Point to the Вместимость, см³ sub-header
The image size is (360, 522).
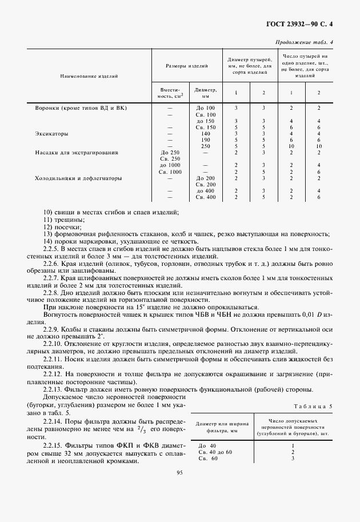pyautogui.click(x=170, y=93)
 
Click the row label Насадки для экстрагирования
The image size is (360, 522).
pyautogui.click(x=77, y=153)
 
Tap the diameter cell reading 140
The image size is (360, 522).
pyautogui.click(x=206, y=134)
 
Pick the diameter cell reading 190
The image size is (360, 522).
pyautogui.click(x=206, y=140)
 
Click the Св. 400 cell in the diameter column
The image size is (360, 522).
pyautogui.click(x=206, y=197)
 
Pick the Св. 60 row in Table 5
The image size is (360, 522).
pyautogui.click(x=207, y=458)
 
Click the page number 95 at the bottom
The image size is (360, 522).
pyautogui.click(x=179, y=473)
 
